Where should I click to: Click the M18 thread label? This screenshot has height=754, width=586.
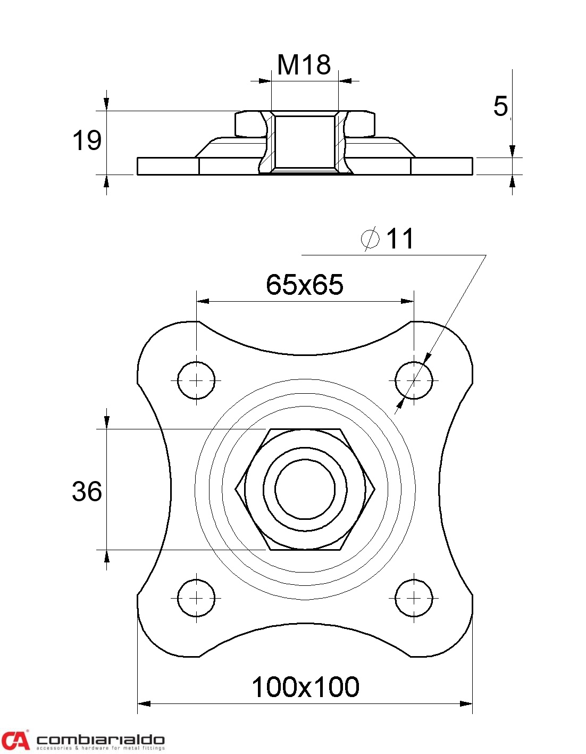click(304, 64)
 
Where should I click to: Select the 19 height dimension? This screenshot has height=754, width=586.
click(87, 140)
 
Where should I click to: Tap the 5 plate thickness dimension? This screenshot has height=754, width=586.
click(500, 106)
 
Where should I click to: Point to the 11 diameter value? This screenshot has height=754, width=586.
click(400, 239)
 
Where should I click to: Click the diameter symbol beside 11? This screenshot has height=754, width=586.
click(370, 238)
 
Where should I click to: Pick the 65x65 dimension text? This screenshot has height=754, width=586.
click(305, 285)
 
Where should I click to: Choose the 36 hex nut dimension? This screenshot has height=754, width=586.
click(87, 491)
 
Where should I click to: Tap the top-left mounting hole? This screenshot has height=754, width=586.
click(196, 380)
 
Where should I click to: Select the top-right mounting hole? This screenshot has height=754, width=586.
click(414, 380)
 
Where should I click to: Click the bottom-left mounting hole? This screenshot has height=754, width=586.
click(196, 598)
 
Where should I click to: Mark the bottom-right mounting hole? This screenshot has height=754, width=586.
click(414, 598)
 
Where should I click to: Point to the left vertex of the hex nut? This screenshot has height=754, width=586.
click(236, 489)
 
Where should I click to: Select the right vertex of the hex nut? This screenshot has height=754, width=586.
click(375, 489)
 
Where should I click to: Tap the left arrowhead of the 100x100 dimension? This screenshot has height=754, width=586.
click(144, 703)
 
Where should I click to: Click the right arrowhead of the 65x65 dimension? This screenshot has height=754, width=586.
click(407, 301)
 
